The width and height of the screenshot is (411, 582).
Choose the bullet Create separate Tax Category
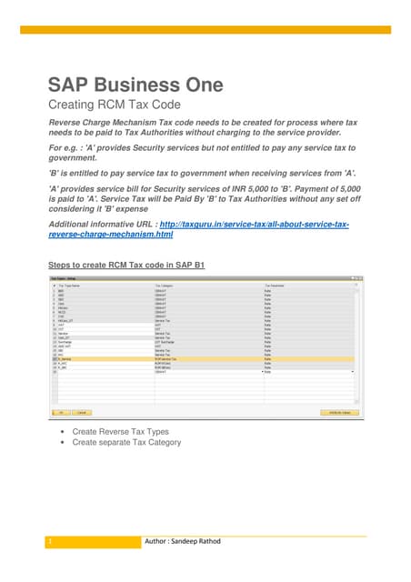[126, 443]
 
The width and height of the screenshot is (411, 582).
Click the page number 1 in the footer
[52, 542]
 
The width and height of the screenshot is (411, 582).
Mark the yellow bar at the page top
[205, 30]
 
